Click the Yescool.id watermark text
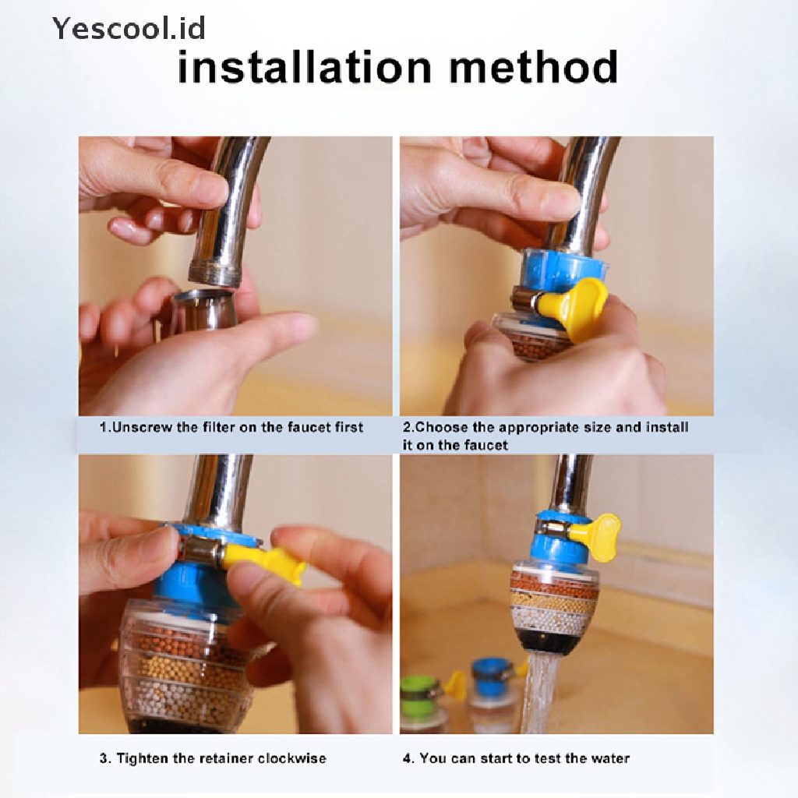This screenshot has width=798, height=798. coord(129,28)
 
